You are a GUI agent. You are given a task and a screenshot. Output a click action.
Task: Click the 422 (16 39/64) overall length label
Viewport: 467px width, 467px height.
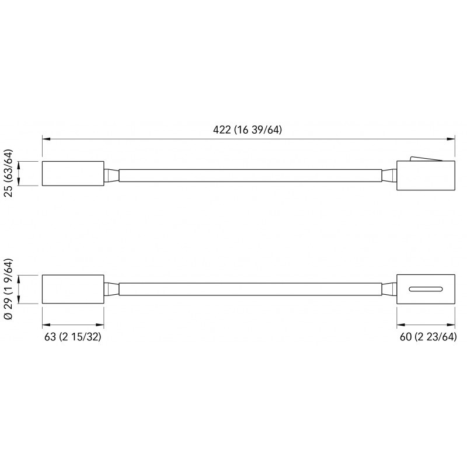[x=247, y=130]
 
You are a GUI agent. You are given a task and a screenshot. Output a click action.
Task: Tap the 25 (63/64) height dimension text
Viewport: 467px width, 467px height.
[x=9, y=173]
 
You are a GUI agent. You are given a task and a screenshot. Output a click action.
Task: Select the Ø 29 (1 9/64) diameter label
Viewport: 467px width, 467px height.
[x=9, y=289]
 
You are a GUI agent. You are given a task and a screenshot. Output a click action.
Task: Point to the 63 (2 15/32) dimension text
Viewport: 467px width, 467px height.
[x=72, y=337]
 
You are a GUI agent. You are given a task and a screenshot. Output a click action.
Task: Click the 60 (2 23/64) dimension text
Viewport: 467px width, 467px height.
[x=428, y=337]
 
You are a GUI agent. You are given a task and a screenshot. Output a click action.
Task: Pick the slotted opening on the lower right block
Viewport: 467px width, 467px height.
[x=426, y=289]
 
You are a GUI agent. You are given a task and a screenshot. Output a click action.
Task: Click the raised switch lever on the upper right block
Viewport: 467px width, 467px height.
[x=426, y=159]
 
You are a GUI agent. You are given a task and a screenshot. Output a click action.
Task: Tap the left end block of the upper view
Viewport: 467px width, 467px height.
[x=73, y=173]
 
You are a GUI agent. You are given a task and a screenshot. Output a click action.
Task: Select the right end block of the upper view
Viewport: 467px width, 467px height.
[x=426, y=176]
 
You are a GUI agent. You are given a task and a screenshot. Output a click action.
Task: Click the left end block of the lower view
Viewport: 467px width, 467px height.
[x=73, y=289]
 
